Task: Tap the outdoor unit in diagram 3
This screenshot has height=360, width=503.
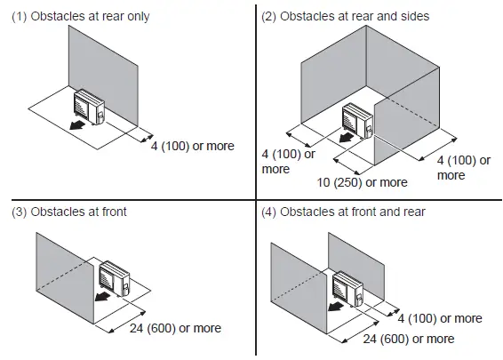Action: (x=116, y=277)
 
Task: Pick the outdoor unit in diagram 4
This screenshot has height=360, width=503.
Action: (x=347, y=287)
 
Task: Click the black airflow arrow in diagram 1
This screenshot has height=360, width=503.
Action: (x=65, y=126)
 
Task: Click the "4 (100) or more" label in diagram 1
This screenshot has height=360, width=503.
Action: (x=193, y=145)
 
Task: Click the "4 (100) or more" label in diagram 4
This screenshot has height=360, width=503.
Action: (x=439, y=318)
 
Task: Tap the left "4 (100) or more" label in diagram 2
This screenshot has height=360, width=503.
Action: (x=289, y=161)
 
